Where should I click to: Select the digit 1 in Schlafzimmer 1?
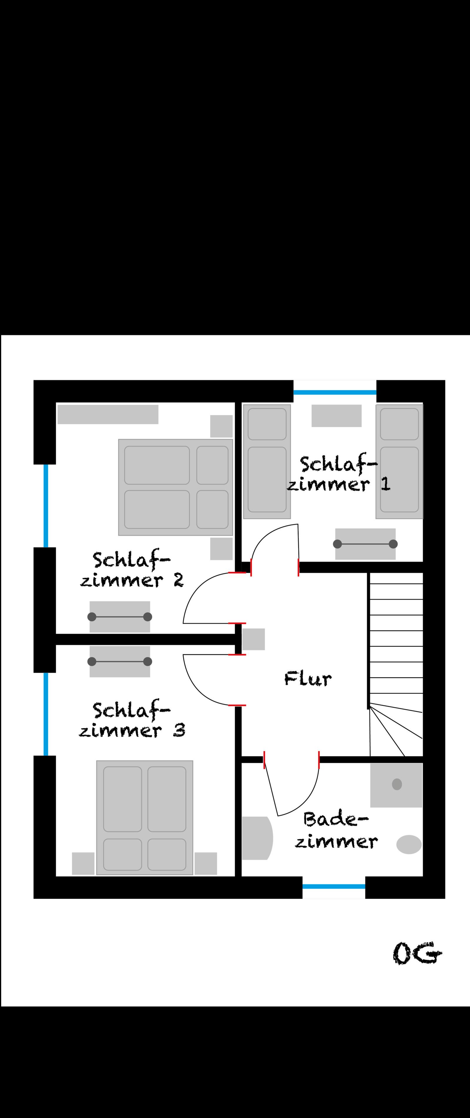click(x=385, y=484)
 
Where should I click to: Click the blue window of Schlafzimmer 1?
click(x=335, y=392)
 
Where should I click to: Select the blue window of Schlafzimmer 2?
click(x=46, y=506)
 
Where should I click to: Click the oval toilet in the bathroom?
click(x=409, y=844)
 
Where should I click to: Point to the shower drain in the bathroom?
click(x=397, y=784)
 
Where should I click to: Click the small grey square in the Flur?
click(x=253, y=639)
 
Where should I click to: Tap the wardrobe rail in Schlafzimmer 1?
click(x=365, y=544)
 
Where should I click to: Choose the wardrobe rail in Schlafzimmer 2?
click(x=120, y=617)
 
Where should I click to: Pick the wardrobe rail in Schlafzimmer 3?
click(x=120, y=661)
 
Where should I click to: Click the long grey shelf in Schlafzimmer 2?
click(x=108, y=414)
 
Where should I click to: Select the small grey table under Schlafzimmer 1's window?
click(x=336, y=416)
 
